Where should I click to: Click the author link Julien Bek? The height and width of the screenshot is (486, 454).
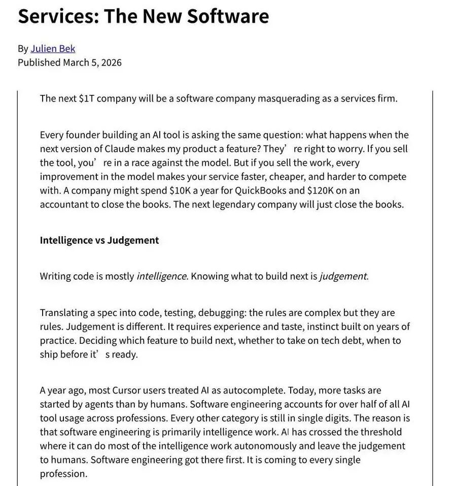53,49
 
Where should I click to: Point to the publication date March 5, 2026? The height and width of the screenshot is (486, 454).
92,62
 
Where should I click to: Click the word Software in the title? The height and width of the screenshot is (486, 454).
227,16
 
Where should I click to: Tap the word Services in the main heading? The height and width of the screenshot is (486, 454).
56,16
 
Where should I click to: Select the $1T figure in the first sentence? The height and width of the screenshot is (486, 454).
87,98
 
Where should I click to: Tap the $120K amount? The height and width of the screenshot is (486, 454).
323,190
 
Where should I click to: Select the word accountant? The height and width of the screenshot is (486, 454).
64,204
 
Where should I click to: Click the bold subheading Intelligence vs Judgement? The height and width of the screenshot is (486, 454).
99,240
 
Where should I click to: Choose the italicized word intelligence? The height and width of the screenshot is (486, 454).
161,276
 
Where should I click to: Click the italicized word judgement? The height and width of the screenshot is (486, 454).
343,276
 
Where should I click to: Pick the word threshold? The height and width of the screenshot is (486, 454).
381,432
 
